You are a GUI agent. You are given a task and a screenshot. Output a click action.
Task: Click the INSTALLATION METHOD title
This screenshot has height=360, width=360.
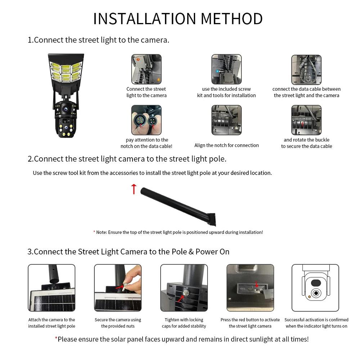coord(178,19)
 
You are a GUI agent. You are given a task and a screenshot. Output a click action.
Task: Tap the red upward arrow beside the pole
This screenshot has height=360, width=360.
coord(134,189)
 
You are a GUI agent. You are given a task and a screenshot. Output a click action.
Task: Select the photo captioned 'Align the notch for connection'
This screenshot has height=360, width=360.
coord(226,120)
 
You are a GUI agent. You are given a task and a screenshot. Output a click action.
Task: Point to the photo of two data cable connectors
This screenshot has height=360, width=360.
coord(146,120)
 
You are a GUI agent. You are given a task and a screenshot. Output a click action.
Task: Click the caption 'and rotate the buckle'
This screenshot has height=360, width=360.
coord(306,140)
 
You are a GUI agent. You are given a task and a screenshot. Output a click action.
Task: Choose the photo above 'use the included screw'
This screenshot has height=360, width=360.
coord(226,69)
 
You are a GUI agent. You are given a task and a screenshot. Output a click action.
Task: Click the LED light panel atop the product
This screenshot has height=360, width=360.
coord(66,70)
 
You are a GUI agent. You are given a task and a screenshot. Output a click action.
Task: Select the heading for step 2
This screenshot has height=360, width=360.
coord(127,159)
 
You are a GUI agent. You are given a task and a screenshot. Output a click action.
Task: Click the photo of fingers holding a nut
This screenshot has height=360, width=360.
coord(118,288)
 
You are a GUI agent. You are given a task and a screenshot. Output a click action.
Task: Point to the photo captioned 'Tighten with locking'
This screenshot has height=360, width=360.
coord(184,288)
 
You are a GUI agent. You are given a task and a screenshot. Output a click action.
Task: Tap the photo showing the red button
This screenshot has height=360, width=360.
coord(250,288)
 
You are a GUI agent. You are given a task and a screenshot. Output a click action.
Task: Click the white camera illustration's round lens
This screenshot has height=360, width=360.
coord(316,293)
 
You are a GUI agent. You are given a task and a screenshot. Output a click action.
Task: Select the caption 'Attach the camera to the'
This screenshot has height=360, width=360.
coord(52,320)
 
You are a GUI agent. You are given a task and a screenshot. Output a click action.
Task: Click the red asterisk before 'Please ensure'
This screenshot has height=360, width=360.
coord(56,339)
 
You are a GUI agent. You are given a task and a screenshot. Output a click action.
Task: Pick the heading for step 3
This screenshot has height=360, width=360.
coord(129,251)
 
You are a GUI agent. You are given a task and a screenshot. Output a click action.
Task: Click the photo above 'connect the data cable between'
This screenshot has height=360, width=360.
coord(306,69)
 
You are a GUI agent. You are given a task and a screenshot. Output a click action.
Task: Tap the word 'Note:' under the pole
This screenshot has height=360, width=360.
coord(102,232)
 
